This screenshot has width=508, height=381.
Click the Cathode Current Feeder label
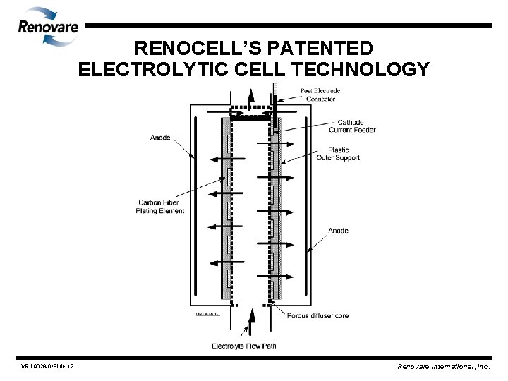point(352,126)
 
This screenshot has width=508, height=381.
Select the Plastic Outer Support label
point(344,154)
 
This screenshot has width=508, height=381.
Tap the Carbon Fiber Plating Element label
point(162,207)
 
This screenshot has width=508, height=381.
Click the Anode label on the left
point(160,138)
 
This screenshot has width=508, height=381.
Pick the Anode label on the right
point(339,230)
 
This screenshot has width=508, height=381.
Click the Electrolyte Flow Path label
point(244,345)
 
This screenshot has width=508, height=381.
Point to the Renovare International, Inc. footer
point(443,367)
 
